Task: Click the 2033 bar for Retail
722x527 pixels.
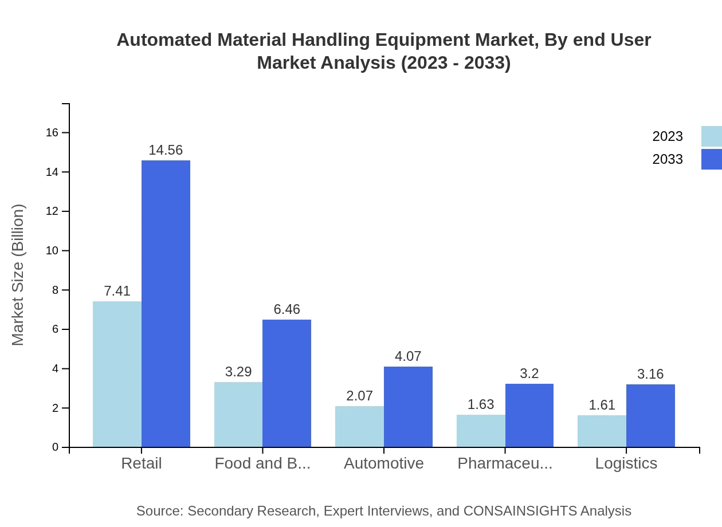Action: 166,304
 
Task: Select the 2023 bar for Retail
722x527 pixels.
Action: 117,374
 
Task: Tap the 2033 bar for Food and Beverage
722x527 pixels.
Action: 287,383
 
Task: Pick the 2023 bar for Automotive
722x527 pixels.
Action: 359,426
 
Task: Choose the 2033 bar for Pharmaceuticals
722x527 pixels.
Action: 529,415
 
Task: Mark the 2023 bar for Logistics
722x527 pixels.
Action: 602,431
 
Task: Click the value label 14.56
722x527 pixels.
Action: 166,150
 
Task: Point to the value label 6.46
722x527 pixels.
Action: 287,309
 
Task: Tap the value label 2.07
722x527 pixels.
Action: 359,396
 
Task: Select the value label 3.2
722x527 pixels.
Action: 529,373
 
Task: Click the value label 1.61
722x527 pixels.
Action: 602,405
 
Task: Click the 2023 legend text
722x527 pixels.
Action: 668,136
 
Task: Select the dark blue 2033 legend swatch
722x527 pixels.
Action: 711,159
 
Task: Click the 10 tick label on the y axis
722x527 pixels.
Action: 52,251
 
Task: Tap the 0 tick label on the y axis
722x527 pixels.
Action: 55,447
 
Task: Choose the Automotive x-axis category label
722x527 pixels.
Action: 383,463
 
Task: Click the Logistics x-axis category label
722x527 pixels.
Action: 626,463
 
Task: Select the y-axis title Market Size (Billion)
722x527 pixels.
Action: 18,275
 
